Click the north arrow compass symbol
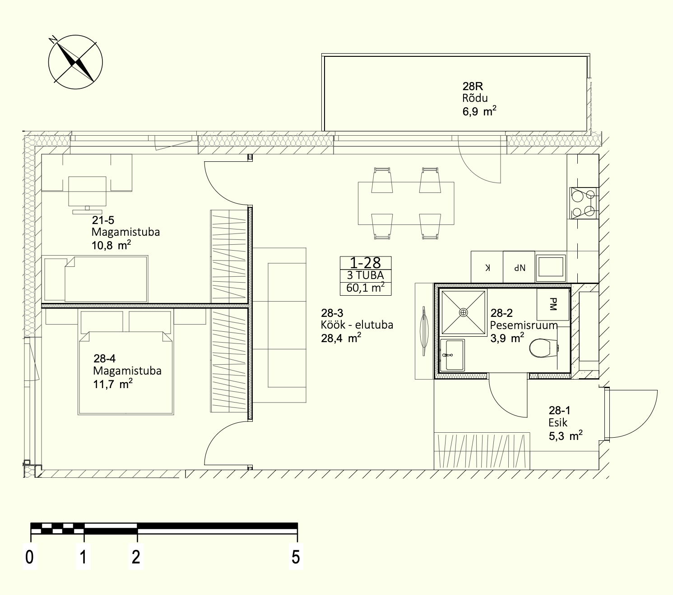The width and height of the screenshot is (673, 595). (75, 62)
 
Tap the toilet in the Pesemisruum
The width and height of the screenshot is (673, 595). (543, 348)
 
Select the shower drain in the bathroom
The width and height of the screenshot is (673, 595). (463, 312)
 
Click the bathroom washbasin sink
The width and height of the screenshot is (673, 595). (452, 354)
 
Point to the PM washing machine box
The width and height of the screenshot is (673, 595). (553, 304)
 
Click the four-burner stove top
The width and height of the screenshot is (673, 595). (584, 203)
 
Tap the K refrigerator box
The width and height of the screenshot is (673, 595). (487, 267)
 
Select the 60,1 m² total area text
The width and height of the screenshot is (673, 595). (366, 288)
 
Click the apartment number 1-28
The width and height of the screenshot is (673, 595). (366, 263)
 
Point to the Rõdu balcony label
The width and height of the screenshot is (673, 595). (475, 98)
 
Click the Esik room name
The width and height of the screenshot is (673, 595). (558, 422)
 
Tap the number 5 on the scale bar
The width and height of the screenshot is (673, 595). (296, 557)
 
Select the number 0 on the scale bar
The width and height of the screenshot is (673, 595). (29, 557)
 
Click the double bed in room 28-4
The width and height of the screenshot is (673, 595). (126, 362)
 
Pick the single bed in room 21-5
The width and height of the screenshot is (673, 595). (96, 279)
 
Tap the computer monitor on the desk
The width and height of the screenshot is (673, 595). (87, 196)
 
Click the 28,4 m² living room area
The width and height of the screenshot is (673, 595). (341, 338)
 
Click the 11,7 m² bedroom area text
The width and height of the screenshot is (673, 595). (112, 384)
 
